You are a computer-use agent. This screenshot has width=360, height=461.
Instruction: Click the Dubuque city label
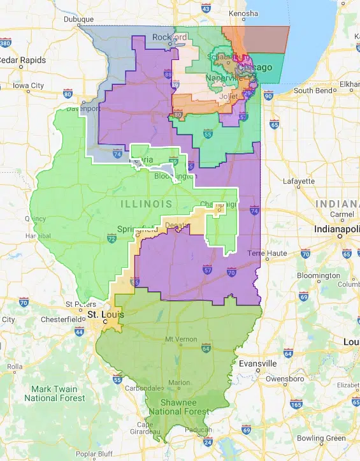coord(79,19)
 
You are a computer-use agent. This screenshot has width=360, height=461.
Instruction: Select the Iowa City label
coord(28,85)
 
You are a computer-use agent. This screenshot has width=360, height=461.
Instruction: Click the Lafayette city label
coord(299,181)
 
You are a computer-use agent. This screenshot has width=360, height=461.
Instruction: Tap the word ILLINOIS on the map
coord(148,204)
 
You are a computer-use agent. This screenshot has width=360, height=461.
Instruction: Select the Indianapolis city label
coord(336,228)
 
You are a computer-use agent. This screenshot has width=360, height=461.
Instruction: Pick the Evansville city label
coord(258,363)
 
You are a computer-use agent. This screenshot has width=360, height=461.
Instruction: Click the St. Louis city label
coord(103,315)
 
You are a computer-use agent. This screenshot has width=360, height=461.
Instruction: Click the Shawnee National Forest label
coord(178,407)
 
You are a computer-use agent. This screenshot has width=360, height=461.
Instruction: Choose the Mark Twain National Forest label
coord(54,393)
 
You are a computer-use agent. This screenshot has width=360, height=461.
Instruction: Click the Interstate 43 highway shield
coord(205,9)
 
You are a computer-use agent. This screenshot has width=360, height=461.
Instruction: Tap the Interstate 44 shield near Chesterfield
coord(79,332)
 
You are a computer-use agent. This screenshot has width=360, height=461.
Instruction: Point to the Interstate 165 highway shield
coord(296,404)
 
